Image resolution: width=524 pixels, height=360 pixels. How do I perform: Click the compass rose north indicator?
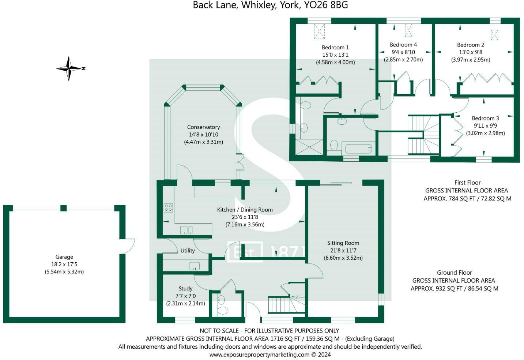coord(69,68)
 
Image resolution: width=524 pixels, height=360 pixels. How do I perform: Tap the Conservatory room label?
coord(203,127)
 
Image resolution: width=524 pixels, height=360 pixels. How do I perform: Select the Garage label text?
coord(64,257)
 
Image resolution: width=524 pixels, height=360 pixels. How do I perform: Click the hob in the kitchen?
coord(168,208)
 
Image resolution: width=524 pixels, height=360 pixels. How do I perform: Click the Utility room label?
coord(188,251)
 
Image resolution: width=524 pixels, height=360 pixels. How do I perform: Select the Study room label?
coord(185,289)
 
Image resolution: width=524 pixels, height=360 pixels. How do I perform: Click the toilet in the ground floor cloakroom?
coord(222,311)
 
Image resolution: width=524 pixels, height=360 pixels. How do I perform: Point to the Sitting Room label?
coord(343,243)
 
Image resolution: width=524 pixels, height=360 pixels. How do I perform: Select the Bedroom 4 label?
coord(403,45)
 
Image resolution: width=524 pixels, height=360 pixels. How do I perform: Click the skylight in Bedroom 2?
coord(495,34)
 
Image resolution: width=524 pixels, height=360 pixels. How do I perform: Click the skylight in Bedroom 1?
coord(319,31)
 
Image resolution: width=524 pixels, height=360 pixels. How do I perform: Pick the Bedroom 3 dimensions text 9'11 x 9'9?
coord(485,125)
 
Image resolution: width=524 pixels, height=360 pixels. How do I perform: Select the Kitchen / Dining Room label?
coord(245,210)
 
